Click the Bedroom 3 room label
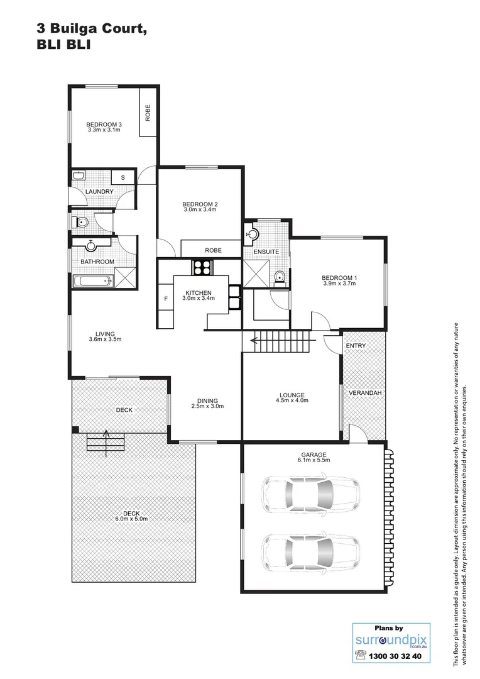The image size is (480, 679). tap(104, 124)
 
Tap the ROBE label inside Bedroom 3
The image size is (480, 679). tap(148, 113)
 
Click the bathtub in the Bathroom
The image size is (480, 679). tap(92, 281)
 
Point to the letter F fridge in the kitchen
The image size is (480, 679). tap(166, 299)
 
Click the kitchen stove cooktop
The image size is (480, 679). tap(201, 268)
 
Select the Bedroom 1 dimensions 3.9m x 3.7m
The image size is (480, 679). tap(339, 284)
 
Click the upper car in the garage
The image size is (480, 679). tap(311, 495)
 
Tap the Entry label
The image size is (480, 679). tap(355, 346)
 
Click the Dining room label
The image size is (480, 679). tap(207, 400)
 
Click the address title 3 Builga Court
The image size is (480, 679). tap(93, 29)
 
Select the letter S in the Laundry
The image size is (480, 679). tap(123, 177)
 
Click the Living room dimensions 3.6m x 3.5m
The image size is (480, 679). tap(104, 339)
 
